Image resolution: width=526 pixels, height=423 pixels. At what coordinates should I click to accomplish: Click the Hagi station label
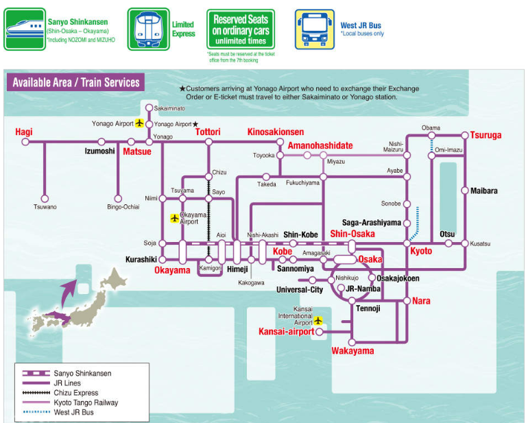(x=24, y=132)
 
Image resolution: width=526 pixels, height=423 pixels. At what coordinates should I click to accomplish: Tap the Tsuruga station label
(x=486, y=135)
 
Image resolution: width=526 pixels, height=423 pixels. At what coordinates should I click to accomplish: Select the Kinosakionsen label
(x=275, y=132)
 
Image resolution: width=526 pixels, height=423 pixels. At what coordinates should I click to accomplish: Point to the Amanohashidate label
(x=320, y=145)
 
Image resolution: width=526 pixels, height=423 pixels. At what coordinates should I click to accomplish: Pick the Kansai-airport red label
(x=286, y=332)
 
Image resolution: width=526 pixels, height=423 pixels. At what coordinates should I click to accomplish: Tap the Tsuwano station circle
(x=45, y=197)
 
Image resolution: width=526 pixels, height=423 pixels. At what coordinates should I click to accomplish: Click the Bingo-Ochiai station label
(x=123, y=207)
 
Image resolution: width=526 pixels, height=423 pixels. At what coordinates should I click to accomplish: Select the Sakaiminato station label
(x=169, y=108)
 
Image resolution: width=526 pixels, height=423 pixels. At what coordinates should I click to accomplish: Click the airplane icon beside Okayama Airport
(x=174, y=218)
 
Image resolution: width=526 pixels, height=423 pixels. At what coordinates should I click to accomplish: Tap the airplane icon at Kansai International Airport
(x=318, y=320)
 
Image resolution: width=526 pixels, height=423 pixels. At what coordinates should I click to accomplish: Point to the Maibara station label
(x=484, y=191)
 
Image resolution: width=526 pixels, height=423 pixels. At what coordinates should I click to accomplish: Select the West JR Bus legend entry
(x=74, y=412)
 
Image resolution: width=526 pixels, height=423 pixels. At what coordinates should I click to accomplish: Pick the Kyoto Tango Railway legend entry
(x=86, y=402)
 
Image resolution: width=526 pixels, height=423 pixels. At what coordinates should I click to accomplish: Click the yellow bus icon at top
(x=315, y=29)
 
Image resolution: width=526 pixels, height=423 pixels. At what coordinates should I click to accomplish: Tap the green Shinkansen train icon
(x=25, y=29)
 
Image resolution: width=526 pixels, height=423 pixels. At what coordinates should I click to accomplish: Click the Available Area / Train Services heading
(x=75, y=83)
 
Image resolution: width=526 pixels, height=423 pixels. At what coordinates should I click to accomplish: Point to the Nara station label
(x=421, y=301)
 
